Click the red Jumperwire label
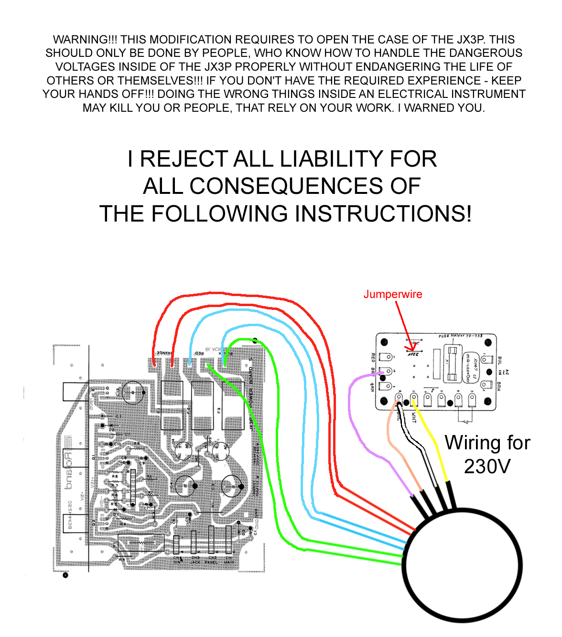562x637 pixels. click(x=393, y=294)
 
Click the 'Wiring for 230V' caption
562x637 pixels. click(x=487, y=454)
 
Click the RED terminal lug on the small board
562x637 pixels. click(x=385, y=357)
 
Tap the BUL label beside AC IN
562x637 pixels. click(x=499, y=361)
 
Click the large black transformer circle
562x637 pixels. click(x=462, y=566)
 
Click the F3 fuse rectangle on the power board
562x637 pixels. click(x=233, y=405)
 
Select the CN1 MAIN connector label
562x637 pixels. click(x=229, y=560)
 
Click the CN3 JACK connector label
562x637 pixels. click(x=195, y=560)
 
